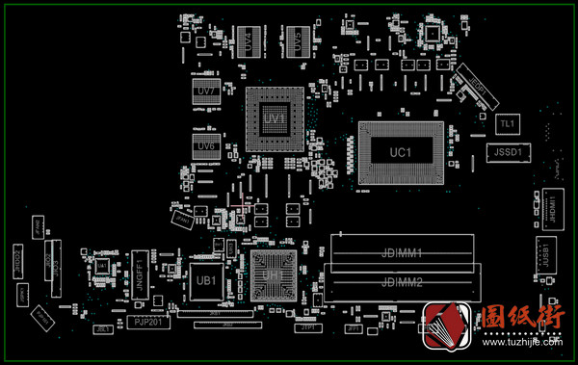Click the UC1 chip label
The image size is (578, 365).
[400, 153]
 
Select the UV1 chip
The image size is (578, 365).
[276, 118]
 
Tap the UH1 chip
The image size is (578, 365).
[275, 275]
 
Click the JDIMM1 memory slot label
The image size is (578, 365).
[403, 252]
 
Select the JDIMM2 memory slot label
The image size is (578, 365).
[403, 281]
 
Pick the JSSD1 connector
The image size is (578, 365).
[507, 152]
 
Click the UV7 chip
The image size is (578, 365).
[205, 91]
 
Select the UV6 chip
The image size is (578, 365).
[205, 146]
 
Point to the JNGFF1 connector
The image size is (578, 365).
[140, 271]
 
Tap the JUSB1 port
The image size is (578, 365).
[546, 252]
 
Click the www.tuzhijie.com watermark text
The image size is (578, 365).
[520, 341]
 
